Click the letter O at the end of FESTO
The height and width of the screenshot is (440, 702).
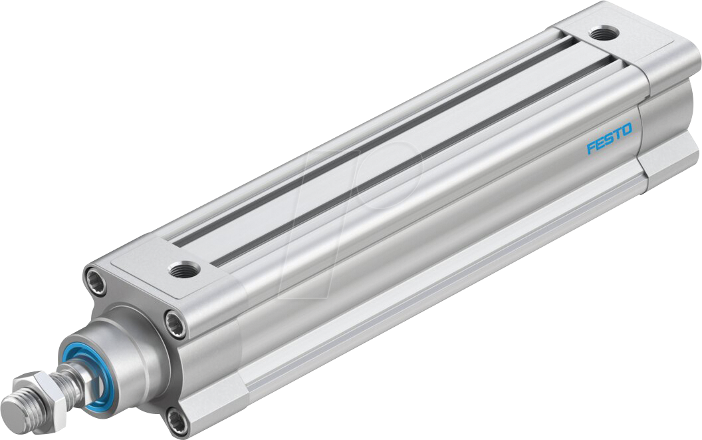click(627, 128)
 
